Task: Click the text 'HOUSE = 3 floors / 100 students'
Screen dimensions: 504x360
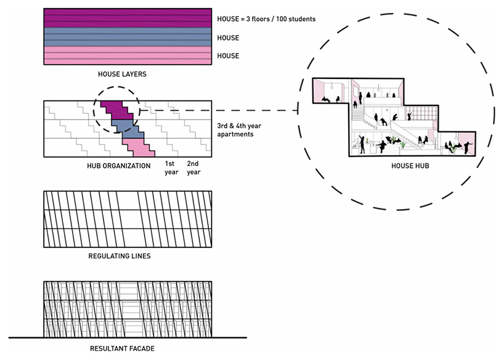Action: click(x=266, y=19)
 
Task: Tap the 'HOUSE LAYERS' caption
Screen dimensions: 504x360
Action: click(x=122, y=74)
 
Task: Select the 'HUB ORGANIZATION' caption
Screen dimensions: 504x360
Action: click(x=119, y=166)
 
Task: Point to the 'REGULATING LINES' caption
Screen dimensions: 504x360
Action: click(x=120, y=256)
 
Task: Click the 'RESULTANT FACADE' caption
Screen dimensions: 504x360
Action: click(x=122, y=348)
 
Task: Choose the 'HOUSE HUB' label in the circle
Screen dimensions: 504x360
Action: click(x=410, y=166)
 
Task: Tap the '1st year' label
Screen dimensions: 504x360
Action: click(x=171, y=168)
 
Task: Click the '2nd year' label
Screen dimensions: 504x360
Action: click(x=193, y=168)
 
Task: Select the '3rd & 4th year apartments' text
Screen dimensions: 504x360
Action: click(x=239, y=130)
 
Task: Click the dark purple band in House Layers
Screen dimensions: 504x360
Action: click(x=128, y=18)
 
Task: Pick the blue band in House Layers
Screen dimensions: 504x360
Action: click(x=128, y=37)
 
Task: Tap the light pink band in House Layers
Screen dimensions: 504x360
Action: click(x=128, y=55)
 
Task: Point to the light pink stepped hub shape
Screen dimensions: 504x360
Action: click(x=138, y=147)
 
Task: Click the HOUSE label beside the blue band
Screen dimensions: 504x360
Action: click(x=228, y=38)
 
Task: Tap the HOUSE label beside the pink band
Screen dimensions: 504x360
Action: click(x=228, y=56)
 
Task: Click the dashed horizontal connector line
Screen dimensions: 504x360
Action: click(x=219, y=110)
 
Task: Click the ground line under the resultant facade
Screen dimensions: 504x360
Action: click(x=128, y=337)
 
